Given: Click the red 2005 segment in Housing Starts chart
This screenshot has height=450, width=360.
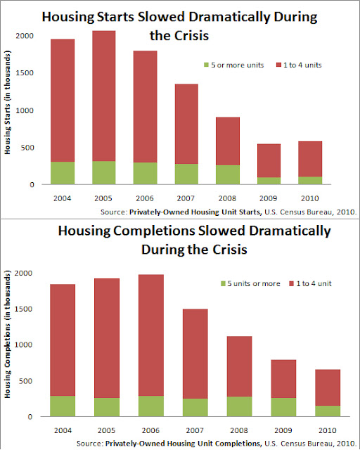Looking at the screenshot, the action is pyautogui.click(x=104, y=96).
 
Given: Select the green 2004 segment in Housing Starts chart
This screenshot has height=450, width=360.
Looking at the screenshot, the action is pyautogui.click(x=63, y=173).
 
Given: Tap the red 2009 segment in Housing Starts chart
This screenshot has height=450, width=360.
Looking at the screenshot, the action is pyautogui.click(x=269, y=161).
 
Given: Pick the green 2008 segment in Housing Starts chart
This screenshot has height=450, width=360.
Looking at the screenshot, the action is pyautogui.click(x=228, y=175).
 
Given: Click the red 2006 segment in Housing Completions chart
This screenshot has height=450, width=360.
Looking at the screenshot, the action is pyautogui.click(x=151, y=335).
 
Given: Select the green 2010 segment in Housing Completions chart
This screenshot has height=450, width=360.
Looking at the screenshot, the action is pyautogui.click(x=328, y=411).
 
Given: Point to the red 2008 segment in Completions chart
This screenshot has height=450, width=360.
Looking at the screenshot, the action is pyautogui.click(x=240, y=366).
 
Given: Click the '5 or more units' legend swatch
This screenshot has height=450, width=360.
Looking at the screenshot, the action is pyautogui.click(x=206, y=65).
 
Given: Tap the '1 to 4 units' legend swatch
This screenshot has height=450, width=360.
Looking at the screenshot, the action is pyautogui.click(x=278, y=65).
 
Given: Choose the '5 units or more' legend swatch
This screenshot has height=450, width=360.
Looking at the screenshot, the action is pyautogui.click(x=223, y=283).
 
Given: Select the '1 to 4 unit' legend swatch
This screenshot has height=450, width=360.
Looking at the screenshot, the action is pyautogui.click(x=292, y=283).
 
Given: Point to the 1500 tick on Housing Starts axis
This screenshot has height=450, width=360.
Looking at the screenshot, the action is pyautogui.click(x=25, y=73).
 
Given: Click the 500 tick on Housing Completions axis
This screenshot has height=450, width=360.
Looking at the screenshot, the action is pyautogui.click(x=26, y=381).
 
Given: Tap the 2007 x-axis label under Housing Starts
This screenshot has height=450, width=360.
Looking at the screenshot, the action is pyautogui.click(x=186, y=198).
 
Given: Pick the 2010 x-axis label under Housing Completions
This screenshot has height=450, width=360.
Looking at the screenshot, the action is pyautogui.click(x=328, y=430).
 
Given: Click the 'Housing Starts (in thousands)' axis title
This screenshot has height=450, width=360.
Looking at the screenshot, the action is pyautogui.click(x=7, y=103).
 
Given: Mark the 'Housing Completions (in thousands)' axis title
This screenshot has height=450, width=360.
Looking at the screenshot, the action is pyautogui.click(x=7, y=334).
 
